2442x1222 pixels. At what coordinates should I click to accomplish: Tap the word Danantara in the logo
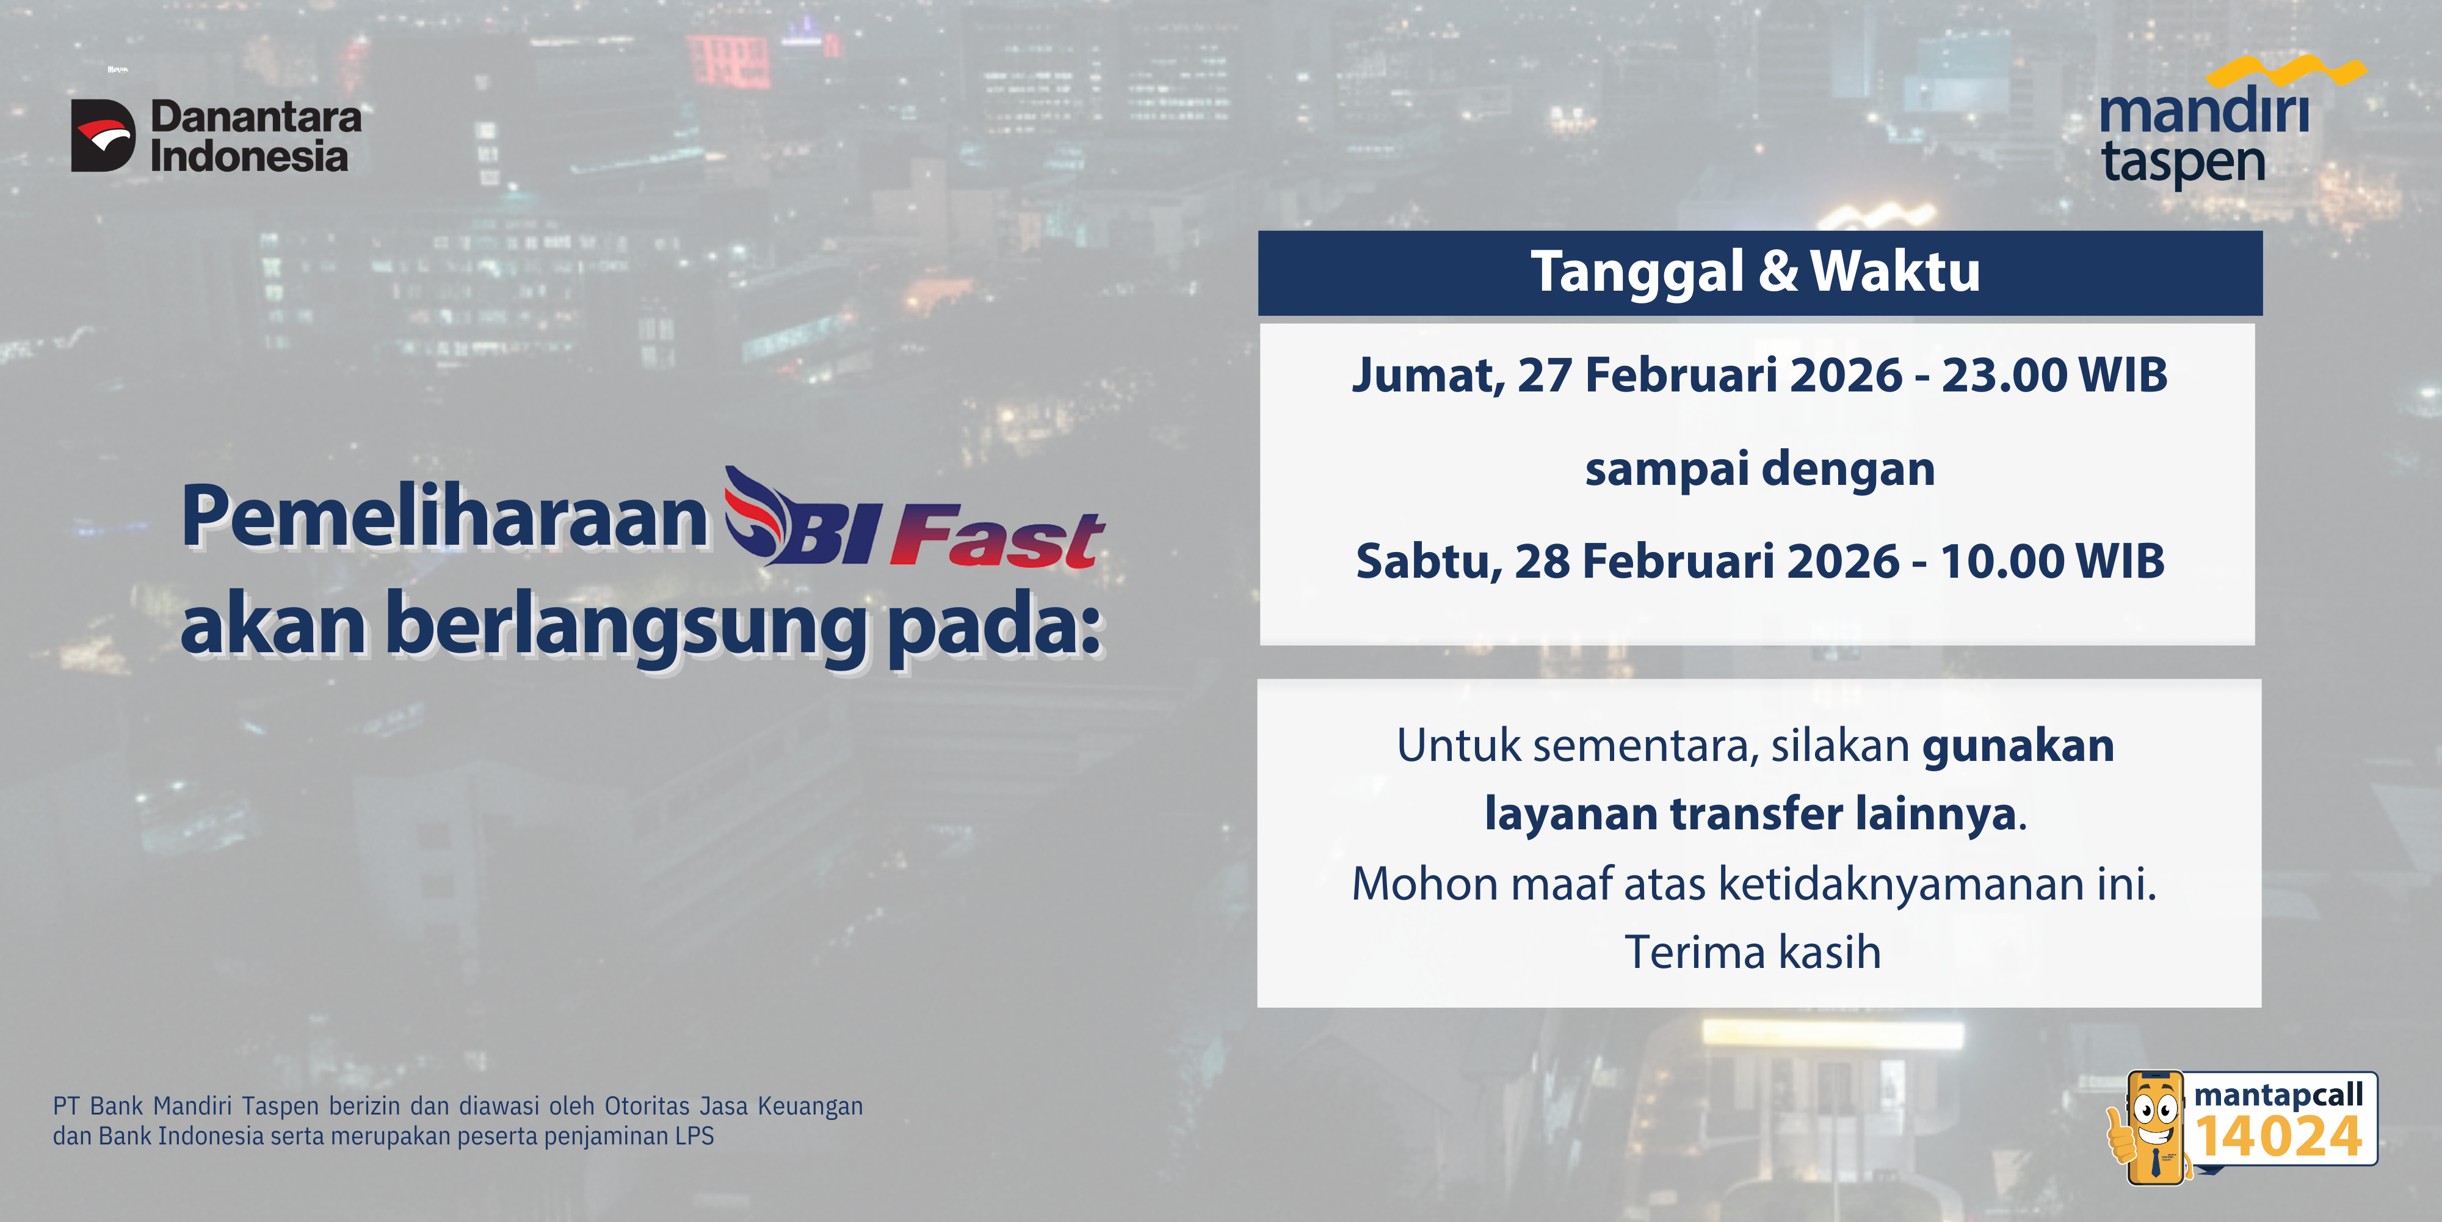pos(256,117)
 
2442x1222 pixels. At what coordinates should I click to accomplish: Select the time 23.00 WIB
pos(2054,374)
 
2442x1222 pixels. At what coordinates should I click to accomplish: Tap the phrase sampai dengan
pos(1759,469)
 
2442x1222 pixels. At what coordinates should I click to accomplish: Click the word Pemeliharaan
pos(444,517)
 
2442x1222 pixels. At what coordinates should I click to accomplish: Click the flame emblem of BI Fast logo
pos(756,512)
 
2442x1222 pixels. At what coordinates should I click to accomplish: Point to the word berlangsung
pos(626,626)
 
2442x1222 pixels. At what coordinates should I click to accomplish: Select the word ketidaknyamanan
pos(1900,884)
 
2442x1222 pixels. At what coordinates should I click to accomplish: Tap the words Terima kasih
pos(1753,952)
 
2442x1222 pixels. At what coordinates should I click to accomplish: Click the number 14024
pos(2279,1137)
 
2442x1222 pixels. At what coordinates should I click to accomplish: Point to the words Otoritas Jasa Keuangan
pos(734,1107)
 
